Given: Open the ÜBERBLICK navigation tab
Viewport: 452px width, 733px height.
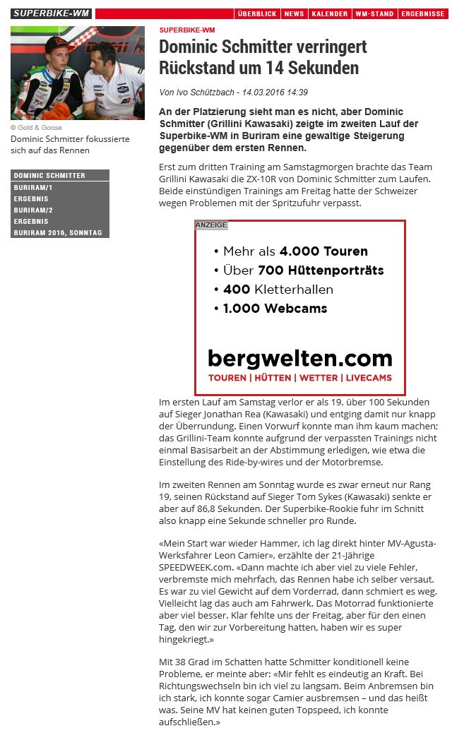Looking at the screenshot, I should [x=256, y=14].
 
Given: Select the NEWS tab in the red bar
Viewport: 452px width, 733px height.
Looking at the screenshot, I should [x=294, y=14].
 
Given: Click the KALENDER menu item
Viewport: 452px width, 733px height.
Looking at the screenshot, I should [x=329, y=14].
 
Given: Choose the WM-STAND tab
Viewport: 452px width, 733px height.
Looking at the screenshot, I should [x=374, y=14].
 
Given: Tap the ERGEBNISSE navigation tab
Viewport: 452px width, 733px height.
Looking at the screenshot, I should [x=422, y=14].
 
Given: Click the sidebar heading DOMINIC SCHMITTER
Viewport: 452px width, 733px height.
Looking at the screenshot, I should [x=49, y=176].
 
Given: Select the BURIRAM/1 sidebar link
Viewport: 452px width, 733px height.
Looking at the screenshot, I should [x=33, y=187].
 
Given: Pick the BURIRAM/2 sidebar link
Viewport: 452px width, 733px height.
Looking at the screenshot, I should [x=33, y=210].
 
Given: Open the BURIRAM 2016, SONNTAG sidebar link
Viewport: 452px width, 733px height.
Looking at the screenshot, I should [x=58, y=233].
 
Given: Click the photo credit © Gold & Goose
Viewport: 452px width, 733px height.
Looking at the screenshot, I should [x=36, y=128].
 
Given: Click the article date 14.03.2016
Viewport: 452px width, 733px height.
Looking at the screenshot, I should [x=263, y=93].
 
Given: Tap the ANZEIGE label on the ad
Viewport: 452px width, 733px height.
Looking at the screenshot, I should [x=211, y=225].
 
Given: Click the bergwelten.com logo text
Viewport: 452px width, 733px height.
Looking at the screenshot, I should [x=299, y=358].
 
